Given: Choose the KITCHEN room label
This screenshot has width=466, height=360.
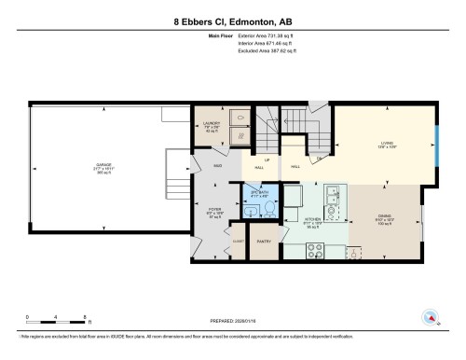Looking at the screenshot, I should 310,222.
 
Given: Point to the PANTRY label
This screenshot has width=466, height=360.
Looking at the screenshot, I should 264,241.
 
